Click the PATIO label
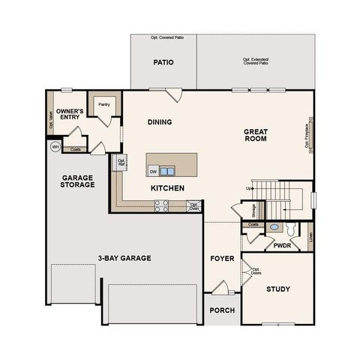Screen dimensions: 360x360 163,63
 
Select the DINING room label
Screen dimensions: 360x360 159,122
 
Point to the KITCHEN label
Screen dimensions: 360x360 167,188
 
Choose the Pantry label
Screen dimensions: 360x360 103,105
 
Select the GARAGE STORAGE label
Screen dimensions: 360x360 78,181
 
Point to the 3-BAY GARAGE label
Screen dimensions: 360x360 124,258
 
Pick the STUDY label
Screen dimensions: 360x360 278,289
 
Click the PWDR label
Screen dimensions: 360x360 282,245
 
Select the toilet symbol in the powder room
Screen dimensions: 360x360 274,227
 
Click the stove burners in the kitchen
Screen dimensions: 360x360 161,205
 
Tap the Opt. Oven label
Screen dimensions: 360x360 193,205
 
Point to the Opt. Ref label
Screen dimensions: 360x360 121,161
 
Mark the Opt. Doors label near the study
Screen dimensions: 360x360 256,271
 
